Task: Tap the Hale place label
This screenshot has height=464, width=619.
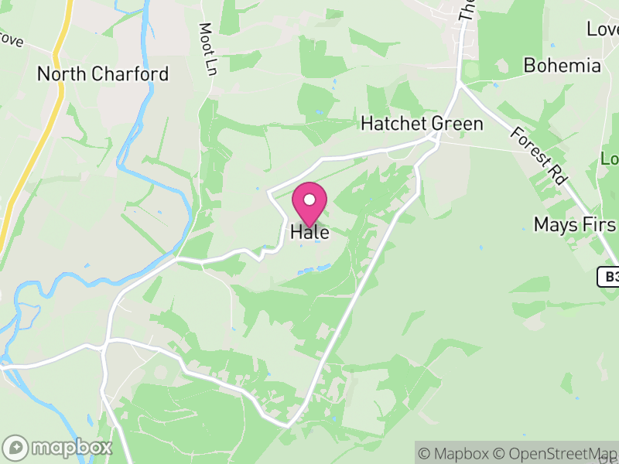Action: click(309, 232)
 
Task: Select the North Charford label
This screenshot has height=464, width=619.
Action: click(103, 74)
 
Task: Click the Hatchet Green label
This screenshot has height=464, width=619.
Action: click(422, 124)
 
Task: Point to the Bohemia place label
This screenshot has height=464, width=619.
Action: click(562, 65)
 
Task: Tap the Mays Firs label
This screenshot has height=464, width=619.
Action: click(576, 225)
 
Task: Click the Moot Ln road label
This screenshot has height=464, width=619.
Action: click(207, 49)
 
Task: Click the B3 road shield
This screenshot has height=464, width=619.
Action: click(609, 277)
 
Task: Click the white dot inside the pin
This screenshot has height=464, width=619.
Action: click(309, 200)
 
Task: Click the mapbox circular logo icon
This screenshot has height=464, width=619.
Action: click(16, 447)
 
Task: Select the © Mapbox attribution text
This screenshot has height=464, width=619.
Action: click(457, 453)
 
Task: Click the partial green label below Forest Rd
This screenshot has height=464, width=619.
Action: click(610, 159)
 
